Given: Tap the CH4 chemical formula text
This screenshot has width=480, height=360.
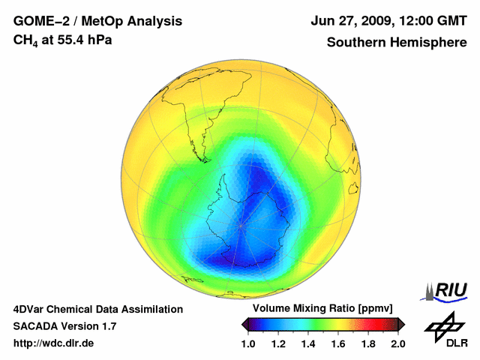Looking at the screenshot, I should [26, 40].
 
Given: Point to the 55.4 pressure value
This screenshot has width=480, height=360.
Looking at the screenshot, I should [73, 40].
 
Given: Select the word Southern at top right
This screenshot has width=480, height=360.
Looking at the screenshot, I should [357, 43].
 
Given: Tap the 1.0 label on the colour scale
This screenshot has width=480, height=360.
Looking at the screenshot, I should [248, 343].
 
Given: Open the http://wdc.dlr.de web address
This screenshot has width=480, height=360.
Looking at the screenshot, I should [54, 343].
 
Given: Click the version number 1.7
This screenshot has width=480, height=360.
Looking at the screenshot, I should [106, 326].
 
